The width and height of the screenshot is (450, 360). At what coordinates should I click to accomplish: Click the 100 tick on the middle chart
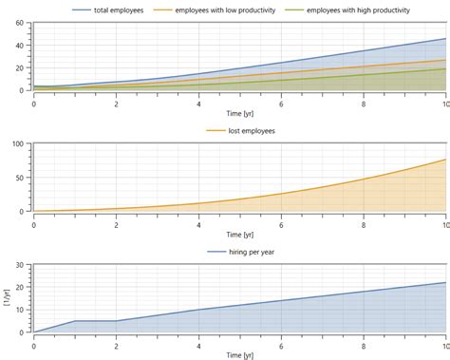coord(17,143)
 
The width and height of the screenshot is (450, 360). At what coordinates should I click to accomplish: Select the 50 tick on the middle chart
coord(19,178)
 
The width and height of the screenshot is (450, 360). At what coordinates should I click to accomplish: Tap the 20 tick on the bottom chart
coord(19,286)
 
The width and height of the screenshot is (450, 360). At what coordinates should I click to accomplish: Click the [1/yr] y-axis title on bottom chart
coord(7,298)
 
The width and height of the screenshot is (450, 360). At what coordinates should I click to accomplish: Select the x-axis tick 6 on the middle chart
coord(281,221)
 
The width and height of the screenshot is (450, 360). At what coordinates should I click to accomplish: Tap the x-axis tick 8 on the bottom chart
coord(364,343)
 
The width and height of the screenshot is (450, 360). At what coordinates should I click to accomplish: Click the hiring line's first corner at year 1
coord(75,321)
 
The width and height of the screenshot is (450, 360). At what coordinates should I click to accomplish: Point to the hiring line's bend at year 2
coord(116,321)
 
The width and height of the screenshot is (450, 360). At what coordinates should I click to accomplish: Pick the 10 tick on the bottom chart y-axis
coord(19,310)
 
